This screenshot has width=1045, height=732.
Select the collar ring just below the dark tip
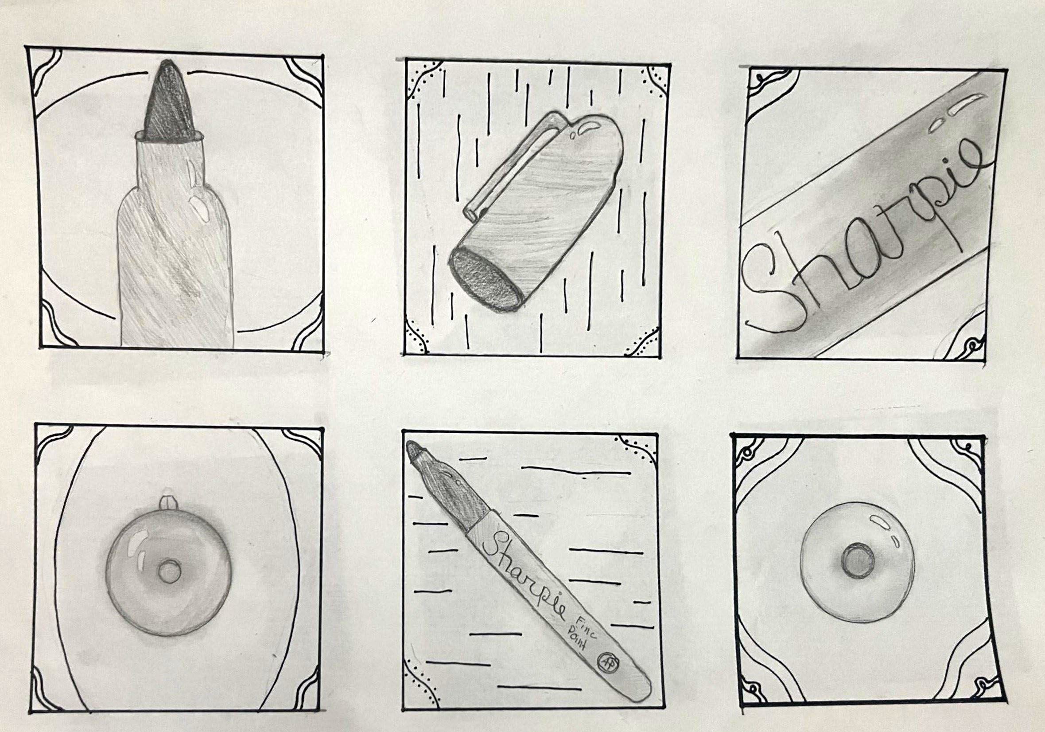pyautogui.click(x=168, y=137)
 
